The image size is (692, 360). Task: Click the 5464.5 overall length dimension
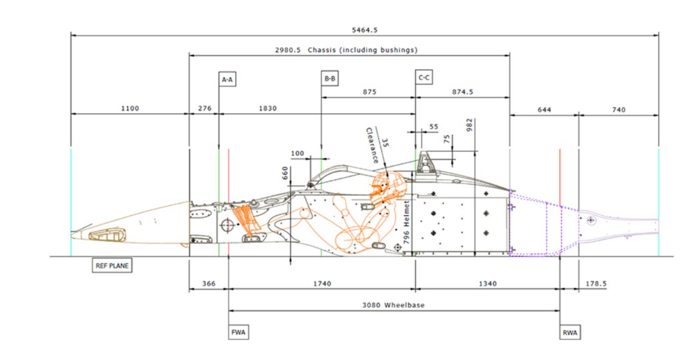click(365, 30)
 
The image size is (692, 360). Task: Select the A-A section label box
click(227, 80)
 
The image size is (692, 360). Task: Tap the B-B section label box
click(329, 79)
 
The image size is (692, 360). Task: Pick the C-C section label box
click(424, 77)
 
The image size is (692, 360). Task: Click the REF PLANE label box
click(112, 266)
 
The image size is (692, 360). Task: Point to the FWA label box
click(238, 332)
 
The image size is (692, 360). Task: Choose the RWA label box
click(570, 332)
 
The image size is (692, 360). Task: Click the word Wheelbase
click(405, 305)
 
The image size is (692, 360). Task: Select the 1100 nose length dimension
click(130, 108)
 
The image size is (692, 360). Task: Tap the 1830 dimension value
click(268, 108)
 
